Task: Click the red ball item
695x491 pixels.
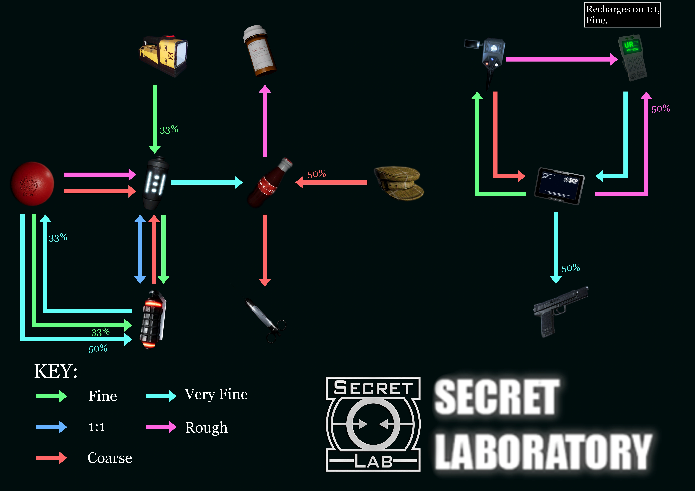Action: [x=32, y=184]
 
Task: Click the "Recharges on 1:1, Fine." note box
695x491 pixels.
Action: [x=622, y=15]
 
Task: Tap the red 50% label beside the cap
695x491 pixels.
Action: [x=317, y=174]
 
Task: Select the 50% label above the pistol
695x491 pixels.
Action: [x=571, y=268]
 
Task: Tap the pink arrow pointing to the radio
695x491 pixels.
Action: [x=562, y=59]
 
